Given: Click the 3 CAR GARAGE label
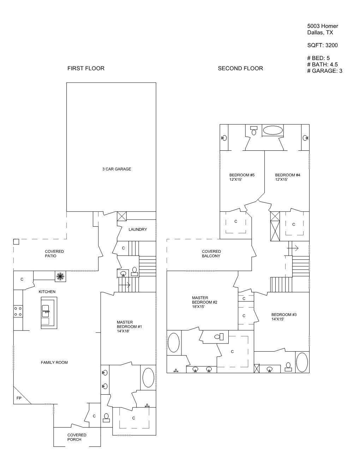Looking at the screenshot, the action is (116, 169).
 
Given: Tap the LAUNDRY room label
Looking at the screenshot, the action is (138, 229).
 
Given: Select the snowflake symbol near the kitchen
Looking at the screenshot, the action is (60, 276).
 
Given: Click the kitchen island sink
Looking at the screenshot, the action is (46, 311).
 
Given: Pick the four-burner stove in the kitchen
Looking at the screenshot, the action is (18, 311).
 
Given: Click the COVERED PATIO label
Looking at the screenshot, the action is (54, 254).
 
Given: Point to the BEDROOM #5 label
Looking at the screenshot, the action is (242, 177).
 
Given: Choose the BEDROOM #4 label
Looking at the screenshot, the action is (288, 177).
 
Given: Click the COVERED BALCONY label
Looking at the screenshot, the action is (211, 254).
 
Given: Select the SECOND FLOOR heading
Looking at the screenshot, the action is (240, 68).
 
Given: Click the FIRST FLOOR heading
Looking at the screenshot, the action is (86, 68).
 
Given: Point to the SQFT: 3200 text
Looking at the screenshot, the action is (322, 45).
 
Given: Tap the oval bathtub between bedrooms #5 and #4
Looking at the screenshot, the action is (273, 130).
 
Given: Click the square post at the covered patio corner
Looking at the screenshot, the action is (16, 242).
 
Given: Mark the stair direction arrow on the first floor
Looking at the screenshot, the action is (124, 285).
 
